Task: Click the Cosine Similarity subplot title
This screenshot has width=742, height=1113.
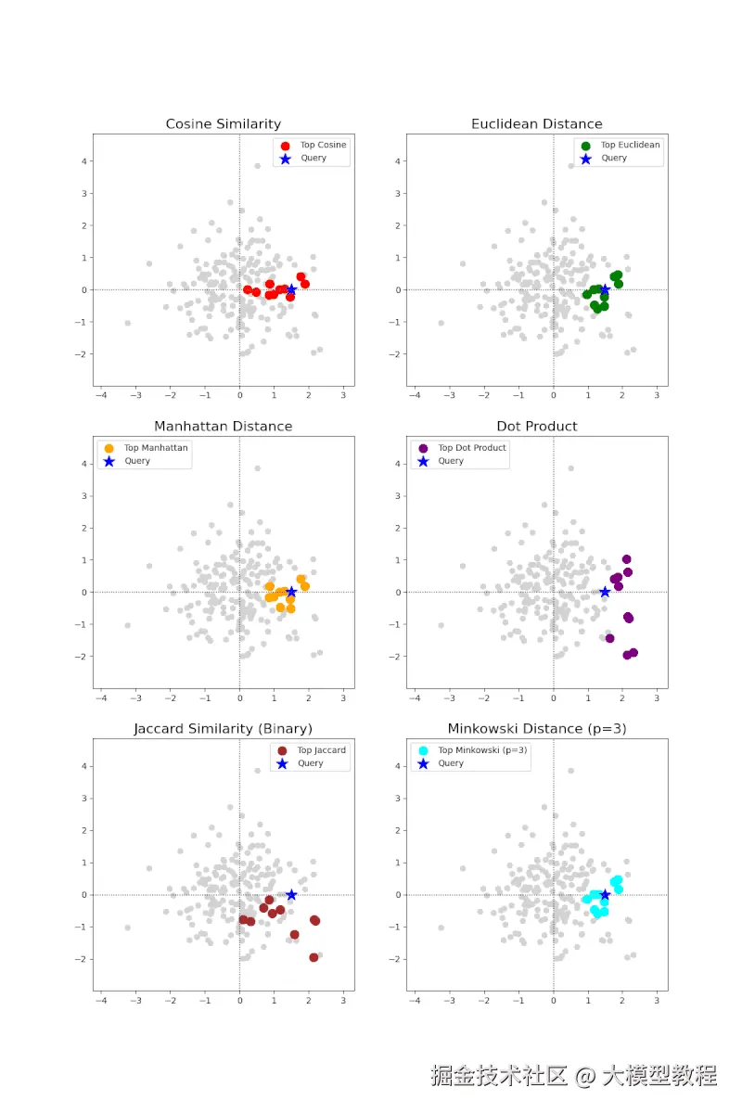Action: [x=223, y=124]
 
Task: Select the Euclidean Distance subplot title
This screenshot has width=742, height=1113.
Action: [x=536, y=124]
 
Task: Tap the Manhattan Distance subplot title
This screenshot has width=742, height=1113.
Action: [x=223, y=427]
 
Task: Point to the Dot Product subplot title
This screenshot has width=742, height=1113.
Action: [x=536, y=427]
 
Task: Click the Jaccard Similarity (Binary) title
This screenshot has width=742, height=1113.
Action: [x=223, y=729]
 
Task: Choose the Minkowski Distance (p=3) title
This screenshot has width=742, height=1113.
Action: [x=536, y=729]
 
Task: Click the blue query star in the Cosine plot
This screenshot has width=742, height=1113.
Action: [x=291, y=289]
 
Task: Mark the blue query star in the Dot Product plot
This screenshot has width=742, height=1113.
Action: [x=605, y=592]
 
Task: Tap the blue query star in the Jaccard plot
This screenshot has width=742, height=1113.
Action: [x=291, y=894]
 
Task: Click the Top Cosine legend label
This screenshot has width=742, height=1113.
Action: [x=323, y=146]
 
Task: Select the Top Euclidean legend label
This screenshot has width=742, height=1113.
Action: [x=630, y=146]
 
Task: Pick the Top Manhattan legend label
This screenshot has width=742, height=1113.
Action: [x=156, y=448]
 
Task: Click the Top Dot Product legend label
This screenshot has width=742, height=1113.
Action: [x=472, y=448]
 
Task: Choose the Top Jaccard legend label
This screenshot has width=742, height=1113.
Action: [x=321, y=750]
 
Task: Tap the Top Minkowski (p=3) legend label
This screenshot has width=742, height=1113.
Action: [x=482, y=750]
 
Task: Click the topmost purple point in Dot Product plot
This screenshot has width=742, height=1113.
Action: [x=626, y=559]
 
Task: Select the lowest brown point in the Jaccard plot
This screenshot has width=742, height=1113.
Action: [x=313, y=957]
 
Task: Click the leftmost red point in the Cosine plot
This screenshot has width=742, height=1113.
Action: [x=247, y=289]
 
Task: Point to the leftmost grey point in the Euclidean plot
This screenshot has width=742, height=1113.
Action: [x=441, y=323]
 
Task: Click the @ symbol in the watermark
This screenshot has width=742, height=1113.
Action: [x=584, y=1076]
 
